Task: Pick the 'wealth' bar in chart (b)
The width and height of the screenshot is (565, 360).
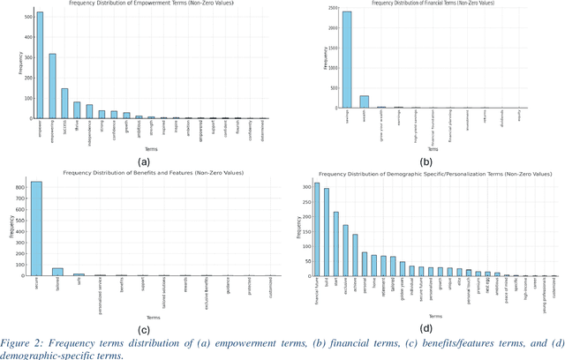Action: tap(365, 101)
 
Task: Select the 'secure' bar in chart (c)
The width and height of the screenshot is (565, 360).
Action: tap(36, 229)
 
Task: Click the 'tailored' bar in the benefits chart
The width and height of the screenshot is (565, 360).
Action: tap(57, 272)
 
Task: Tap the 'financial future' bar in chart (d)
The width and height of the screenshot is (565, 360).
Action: tap(317, 229)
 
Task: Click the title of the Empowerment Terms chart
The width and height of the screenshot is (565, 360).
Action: tap(146, 4)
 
